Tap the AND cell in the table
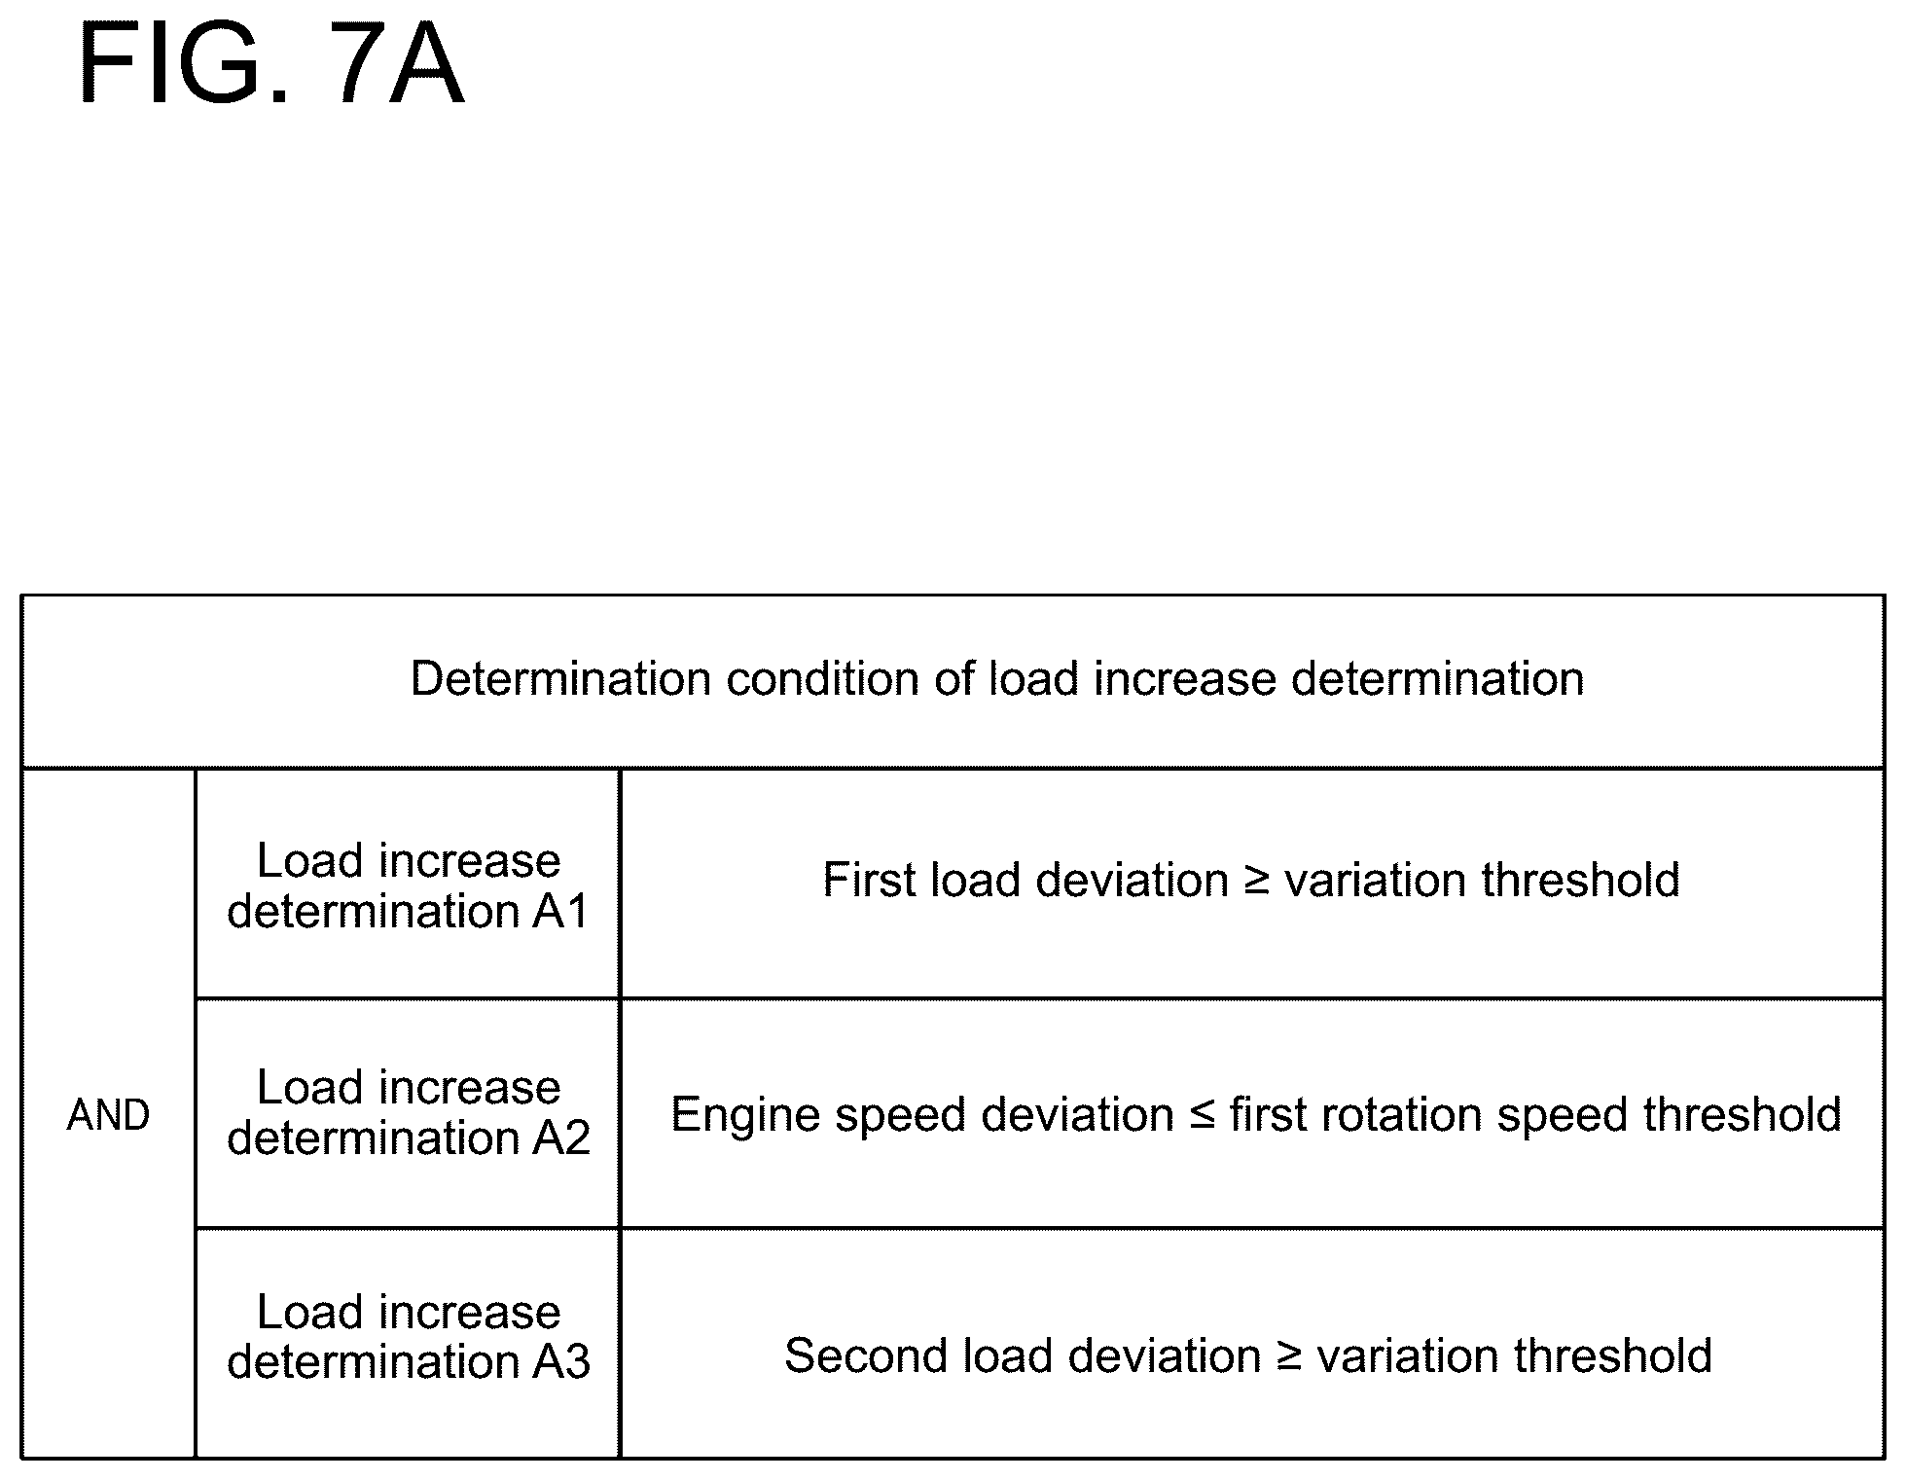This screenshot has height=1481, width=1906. [108, 1114]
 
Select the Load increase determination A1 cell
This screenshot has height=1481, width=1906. [408, 885]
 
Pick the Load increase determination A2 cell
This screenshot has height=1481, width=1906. [408, 1112]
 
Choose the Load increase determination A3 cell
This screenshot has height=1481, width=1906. [408, 1342]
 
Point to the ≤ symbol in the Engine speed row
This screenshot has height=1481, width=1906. [1202, 1115]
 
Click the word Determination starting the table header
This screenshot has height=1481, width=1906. [560, 678]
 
